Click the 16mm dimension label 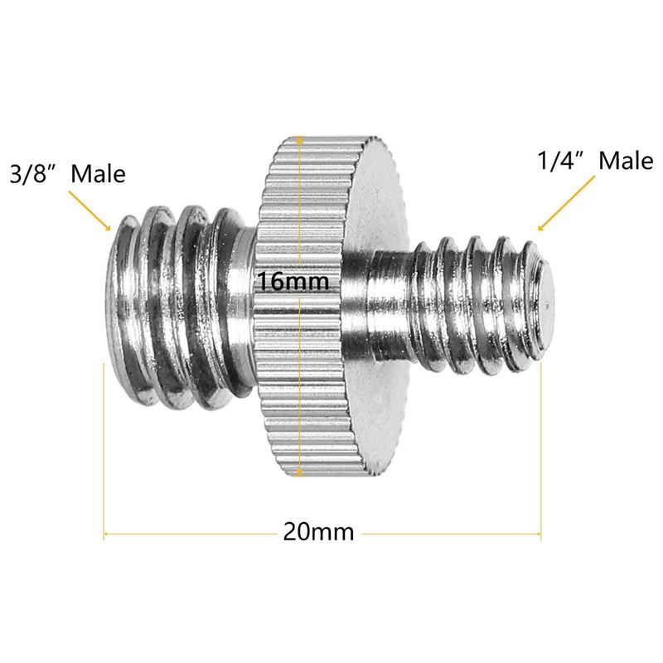click(x=293, y=282)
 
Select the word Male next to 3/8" click(x=98, y=174)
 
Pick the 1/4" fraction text click(x=560, y=161)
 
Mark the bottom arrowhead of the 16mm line click(x=297, y=473)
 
